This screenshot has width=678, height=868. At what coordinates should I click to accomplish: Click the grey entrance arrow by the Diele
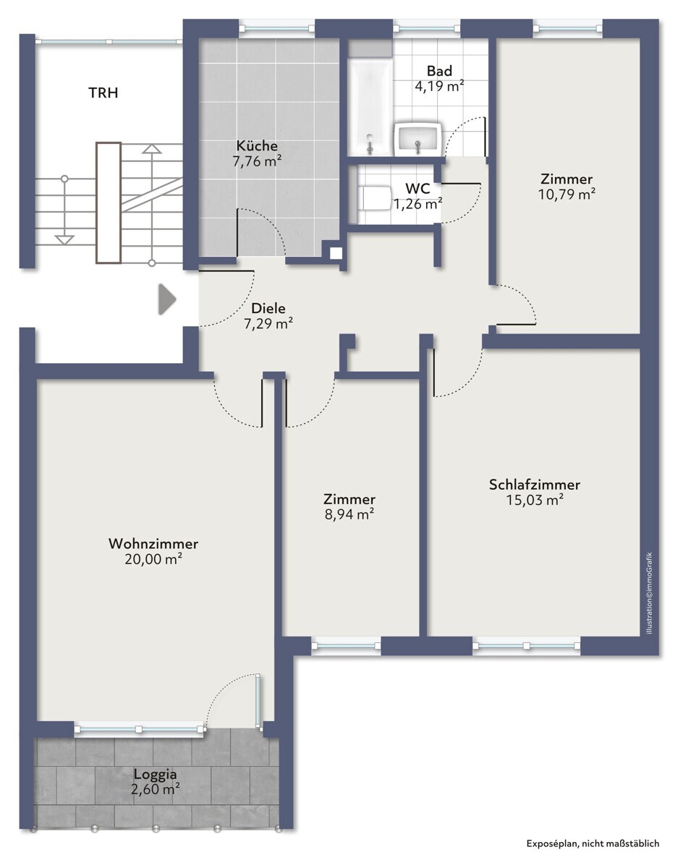point(167,299)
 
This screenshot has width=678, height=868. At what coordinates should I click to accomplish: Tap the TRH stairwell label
point(103,93)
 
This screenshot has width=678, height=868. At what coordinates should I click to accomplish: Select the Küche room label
point(257,145)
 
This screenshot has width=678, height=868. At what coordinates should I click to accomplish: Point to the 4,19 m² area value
point(439,86)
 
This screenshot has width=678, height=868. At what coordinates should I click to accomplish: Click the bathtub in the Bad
point(370,106)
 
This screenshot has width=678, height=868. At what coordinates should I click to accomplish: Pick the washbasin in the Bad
point(418,140)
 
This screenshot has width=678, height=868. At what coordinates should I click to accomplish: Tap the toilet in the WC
point(374,198)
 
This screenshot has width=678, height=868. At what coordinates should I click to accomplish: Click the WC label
point(418,188)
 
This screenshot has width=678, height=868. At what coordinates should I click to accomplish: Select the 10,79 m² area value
point(567,195)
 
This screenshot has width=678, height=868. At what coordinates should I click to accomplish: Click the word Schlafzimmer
point(534,485)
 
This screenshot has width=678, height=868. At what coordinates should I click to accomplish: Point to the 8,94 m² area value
point(349,514)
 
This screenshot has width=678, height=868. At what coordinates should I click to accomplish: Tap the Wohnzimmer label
point(153,544)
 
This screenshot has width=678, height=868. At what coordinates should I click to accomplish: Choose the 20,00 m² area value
point(153,559)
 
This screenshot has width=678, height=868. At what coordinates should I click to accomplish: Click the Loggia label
point(155,774)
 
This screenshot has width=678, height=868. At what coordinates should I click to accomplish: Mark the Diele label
point(268,308)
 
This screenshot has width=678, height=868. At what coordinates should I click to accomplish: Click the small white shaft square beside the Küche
point(336,254)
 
